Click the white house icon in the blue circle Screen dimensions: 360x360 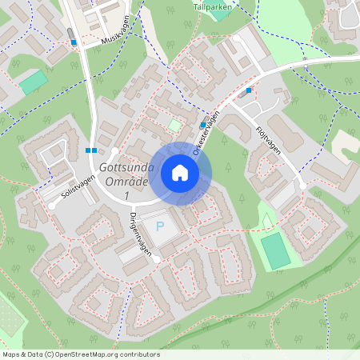coord(180,173)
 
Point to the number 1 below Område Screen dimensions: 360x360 coord(126,195)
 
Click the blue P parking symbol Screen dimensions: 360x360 coord(159,227)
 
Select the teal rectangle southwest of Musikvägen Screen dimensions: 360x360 coord(33,82)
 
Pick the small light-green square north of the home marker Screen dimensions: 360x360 coord(174,125)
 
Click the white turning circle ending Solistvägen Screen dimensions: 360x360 coord(53,205)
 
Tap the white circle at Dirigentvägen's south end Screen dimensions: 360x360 coord(157,260)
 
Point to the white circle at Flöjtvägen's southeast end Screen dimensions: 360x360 coord(302,186)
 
